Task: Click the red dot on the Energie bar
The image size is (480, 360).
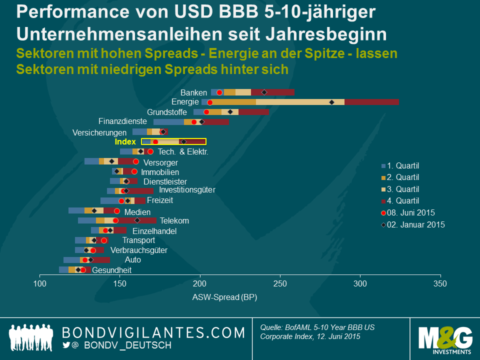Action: click(x=210, y=102)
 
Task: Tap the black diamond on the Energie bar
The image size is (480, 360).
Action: click(x=331, y=102)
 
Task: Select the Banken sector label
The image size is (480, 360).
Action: click(x=193, y=92)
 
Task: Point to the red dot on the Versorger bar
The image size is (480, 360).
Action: click(x=135, y=161)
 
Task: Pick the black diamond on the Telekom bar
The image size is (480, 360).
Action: click(x=137, y=220)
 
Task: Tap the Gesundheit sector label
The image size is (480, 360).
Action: click(x=112, y=270)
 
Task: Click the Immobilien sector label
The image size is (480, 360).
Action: click(x=160, y=172)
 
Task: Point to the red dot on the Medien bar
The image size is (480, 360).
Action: click(x=117, y=211)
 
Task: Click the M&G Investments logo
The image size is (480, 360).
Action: click(x=445, y=339)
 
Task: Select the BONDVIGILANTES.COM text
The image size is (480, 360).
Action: click(x=153, y=332)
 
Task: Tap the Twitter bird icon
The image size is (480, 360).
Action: click(x=67, y=345)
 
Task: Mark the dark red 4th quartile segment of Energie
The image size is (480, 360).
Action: click(x=371, y=102)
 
